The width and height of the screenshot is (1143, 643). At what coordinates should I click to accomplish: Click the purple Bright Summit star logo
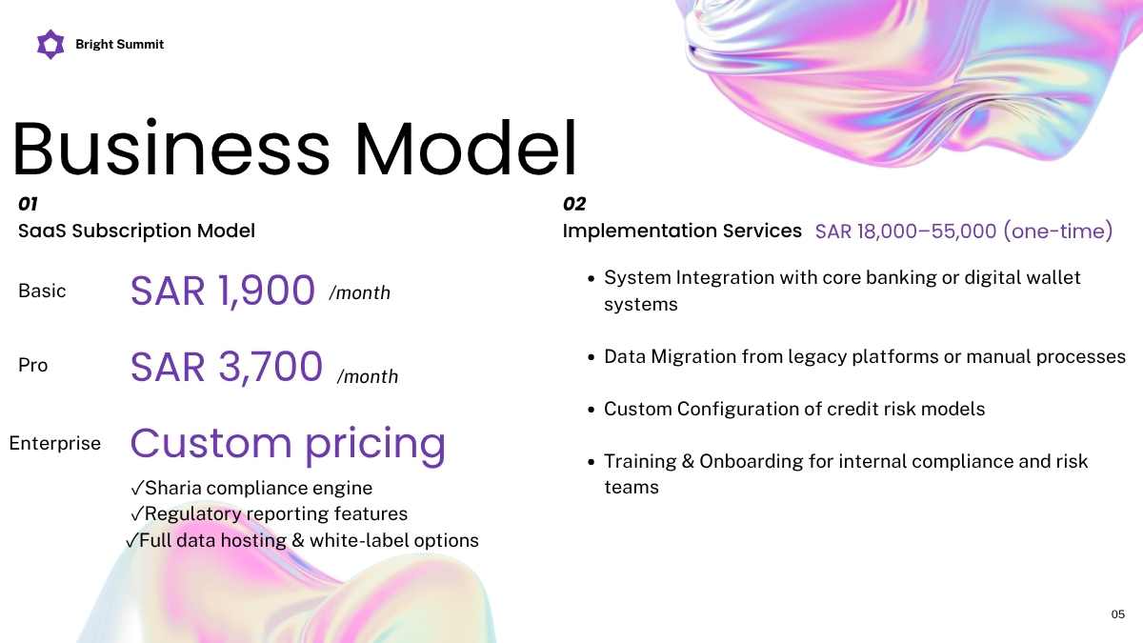tap(50, 45)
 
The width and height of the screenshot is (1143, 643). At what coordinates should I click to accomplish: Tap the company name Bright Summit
tap(119, 45)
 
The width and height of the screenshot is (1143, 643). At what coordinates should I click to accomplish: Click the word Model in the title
tap(466, 148)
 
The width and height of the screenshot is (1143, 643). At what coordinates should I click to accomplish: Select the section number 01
tap(28, 204)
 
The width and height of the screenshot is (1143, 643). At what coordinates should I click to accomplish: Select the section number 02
tap(574, 204)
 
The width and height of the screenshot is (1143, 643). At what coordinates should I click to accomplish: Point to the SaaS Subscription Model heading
tap(136, 231)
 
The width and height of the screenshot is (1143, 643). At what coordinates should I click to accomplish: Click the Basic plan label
tap(42, 291)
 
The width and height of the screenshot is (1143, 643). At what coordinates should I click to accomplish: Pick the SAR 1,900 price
tap(223, 291)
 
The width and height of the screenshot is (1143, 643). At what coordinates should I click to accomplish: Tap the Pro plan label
tap(32, 366)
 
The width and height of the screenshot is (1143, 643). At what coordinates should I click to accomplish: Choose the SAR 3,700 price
tap(227, 367)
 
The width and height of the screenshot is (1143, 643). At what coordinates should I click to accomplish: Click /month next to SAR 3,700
tap(368, 376)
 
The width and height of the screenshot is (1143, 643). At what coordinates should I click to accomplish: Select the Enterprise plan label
tap(54, 443)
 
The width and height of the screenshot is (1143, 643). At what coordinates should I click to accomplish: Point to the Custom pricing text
tap(289, 444)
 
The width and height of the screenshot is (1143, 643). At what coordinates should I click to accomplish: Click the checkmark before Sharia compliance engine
tap(137, 489)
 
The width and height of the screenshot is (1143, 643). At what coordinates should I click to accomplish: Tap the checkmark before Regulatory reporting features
tap(137, 513)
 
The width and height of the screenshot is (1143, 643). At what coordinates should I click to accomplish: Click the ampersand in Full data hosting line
tap(298, 540)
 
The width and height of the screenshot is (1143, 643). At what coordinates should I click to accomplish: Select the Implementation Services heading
tap(682, 231)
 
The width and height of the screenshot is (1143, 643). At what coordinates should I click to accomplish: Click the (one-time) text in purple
tap(1058, 231)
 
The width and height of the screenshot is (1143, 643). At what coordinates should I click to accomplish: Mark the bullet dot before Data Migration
tap(592, 357)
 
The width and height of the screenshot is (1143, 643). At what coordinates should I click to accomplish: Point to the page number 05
tap(1118, 613)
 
